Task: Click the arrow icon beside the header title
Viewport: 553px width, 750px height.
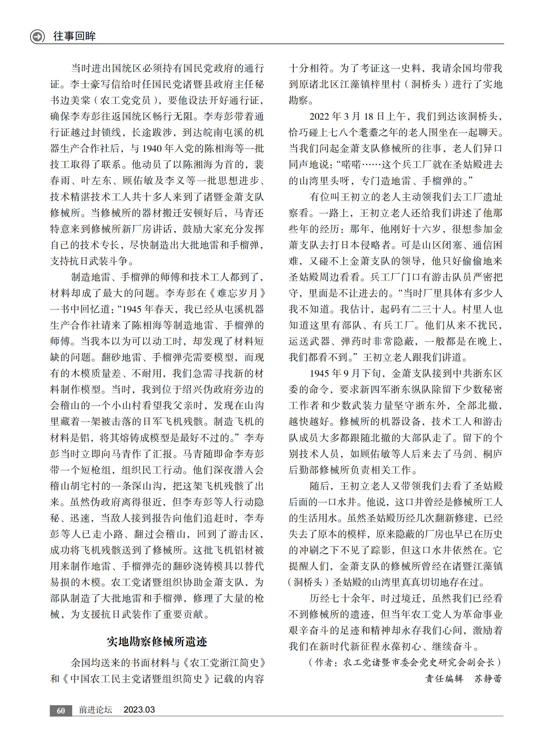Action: (x=37, y=36)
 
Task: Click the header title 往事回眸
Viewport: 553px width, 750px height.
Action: (x=74, y=36)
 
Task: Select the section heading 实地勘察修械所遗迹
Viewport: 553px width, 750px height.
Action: (x=157, y=642)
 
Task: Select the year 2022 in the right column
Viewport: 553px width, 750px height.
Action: (x=320, y=116)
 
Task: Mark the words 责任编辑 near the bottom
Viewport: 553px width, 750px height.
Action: (x=444, y=679)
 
